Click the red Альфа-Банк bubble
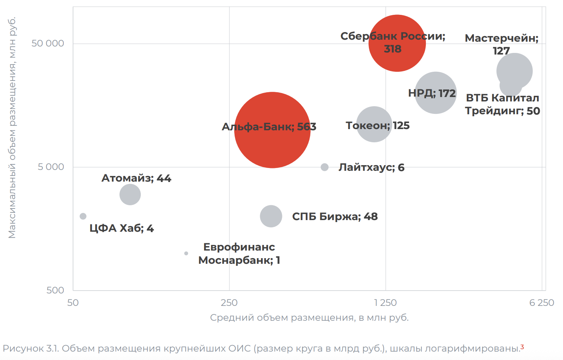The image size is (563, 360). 272,144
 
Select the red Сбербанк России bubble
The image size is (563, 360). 397,60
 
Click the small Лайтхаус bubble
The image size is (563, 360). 325,167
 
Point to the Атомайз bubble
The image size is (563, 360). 130,194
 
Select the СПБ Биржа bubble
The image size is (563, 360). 271,216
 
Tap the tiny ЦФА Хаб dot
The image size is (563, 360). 83,216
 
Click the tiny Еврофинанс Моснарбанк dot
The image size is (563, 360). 186,253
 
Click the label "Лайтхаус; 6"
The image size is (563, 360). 371,167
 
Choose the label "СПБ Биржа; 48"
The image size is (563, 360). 335,216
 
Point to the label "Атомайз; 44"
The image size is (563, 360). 136,178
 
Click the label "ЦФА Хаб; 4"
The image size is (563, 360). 122,228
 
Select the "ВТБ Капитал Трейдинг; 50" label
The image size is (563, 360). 502,104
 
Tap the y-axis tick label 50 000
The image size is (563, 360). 48,43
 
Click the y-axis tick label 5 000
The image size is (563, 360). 51,167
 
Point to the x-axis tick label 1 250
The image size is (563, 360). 385,303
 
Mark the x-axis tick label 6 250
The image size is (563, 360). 541,303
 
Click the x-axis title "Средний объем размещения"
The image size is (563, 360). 309,318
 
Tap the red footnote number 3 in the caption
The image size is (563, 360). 522,347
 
